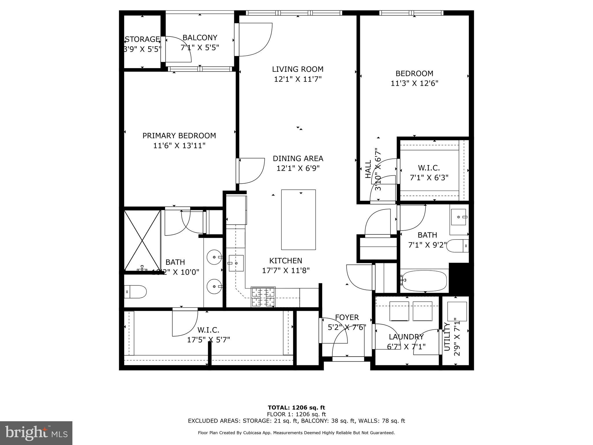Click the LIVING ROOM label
pyautogui.click(x=298, y=69)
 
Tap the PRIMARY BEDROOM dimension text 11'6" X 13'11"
pyautogui.click(x=179, y=145)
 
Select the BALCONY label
pyautogui.click(x=200, y=38)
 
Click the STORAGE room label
pyautogui.click(x=142, y=39)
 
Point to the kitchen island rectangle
pyautogui.click(x=298, y=220)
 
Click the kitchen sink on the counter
pyautogui.click(x=236, y=263)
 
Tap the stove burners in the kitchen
pyautogui.click(x=263, y=297)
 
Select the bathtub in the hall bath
pyautogui.click(x=424, y=280)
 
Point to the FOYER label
pyautogui.click(x=347, y=318)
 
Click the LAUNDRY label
pyautogui.click(x=406, y=337)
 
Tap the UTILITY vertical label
pyautogui.click(x=447, y=336)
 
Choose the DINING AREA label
pyautogui.click(x=298, y=158)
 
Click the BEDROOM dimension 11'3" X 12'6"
pyautogui.click(x=414, y=83)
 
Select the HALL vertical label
pyautogui.click(x=368, y=169)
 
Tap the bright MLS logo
pyautogui.click(x=36, y=433)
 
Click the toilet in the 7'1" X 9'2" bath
pyautogui.click(x=457, y=246)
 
